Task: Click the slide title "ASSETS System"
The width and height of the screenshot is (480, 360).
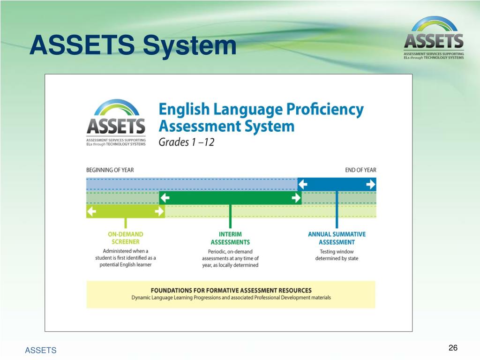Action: (133, 45)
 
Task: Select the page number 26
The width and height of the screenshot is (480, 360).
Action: (453, 347)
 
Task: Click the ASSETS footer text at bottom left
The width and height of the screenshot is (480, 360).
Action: (41, 350)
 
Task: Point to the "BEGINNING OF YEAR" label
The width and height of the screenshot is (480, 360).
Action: (110, 170)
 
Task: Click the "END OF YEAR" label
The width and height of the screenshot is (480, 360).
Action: (360, 170)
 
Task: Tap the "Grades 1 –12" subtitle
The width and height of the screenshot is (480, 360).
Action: (187, 142)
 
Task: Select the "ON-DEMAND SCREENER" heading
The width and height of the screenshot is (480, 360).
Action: (125, 238)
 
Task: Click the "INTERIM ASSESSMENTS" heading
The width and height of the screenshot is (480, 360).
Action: (230, 238)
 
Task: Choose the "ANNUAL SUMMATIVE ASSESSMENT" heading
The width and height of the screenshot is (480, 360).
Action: (337, 238)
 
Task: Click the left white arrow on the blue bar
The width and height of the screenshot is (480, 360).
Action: (303, 185)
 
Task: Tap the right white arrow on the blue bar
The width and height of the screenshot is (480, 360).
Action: (370, 185)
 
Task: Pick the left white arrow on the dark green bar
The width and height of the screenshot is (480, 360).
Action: (165, 198)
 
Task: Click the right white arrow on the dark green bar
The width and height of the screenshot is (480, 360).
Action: (296, 198)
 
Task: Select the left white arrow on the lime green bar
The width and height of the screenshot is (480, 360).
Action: (91, 211)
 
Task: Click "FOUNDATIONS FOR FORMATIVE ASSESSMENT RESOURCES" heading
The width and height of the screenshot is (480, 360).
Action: (231, 290)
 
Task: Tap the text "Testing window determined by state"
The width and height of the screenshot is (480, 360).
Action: (337, 255)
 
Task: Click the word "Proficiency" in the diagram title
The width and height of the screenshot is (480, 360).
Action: (325, 110)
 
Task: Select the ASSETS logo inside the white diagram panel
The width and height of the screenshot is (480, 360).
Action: (116, 123)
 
